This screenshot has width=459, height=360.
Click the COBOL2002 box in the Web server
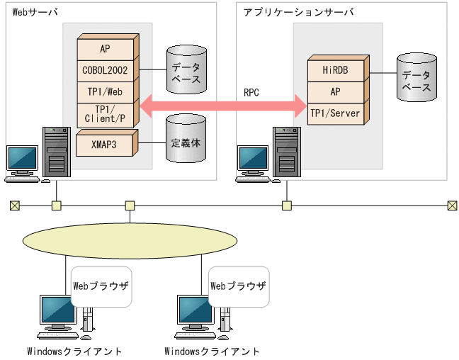(105, 70)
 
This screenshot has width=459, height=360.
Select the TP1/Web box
(105, 92)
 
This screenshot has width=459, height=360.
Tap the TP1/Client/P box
(105, 114)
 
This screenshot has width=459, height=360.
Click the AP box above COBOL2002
(105, 49)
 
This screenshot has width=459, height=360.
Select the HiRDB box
(335, 70)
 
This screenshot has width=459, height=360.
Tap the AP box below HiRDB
(335, 92)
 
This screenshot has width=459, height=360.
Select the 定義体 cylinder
(186, 142)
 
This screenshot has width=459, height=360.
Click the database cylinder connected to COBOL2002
(186, 72)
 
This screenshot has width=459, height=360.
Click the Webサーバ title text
(35, 13)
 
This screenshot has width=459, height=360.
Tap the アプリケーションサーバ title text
(298, 13)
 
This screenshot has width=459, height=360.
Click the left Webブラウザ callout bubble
(101, 286)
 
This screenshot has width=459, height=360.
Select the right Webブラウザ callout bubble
(239, 286)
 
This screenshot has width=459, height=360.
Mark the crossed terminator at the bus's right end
(452, 206)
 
